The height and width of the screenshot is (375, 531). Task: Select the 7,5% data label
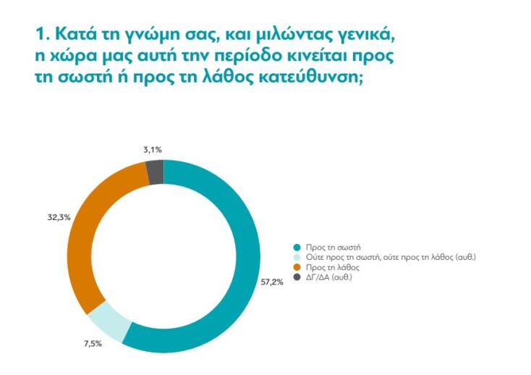[93, 343]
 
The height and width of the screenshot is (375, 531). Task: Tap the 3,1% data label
[152, 150]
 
